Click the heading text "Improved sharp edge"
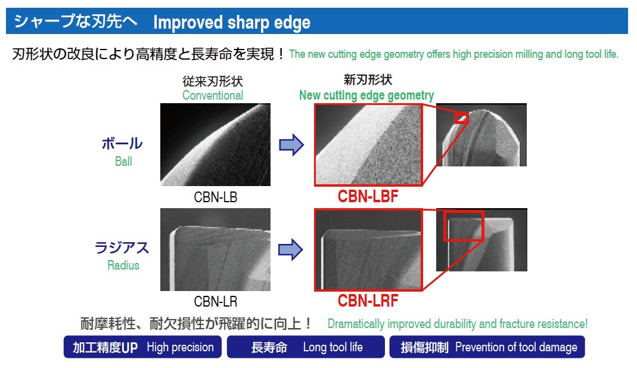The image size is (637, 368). (x=232, y=23)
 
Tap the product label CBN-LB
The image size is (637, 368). (x=215, y=197)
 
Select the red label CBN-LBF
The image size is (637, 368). (x=368, y=196)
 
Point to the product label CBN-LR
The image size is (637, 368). (x=215, y=302)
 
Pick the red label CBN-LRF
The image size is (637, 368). (x=368, y=301)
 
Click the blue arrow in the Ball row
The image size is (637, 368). (x=291, y=145)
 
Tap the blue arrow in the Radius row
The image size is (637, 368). (x=290, y=249)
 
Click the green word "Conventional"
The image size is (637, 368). (x=213, y=95)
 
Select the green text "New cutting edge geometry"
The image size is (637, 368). (x=366, y=95)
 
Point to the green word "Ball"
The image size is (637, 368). (x=123, y=162)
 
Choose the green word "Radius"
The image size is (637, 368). (x=123, y=265)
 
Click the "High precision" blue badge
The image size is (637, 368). (x=142, y=347)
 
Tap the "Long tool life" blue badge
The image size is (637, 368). (x=306, y=347)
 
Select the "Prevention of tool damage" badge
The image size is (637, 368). (x=487, y=347)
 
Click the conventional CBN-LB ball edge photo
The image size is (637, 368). (x=215, y=145)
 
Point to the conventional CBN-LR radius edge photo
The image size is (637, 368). (x=215, y=250)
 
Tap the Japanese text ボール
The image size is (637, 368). (x=122, y=144)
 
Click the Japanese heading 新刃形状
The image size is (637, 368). (x=368, y=80)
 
